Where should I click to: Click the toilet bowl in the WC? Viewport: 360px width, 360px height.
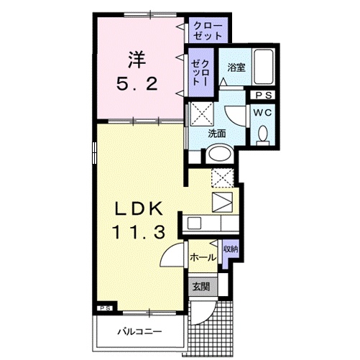pos(263,134)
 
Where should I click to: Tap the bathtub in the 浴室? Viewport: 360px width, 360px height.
pos(263,66)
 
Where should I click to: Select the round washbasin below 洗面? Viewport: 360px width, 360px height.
pos(220,154)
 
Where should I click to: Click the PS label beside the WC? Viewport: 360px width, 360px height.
pos(264,96)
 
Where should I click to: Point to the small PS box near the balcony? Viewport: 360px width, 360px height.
pos(105,308)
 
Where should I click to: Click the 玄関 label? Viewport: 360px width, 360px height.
pos(201,287)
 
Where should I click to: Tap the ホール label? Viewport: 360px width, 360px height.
pos(203,258)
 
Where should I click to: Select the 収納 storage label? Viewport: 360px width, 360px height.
pos(230,249)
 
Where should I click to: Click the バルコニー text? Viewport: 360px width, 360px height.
pos(139,332)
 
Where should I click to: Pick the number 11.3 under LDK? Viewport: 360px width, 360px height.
pos(139,232)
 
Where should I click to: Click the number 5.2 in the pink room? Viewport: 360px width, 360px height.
pos(137,83)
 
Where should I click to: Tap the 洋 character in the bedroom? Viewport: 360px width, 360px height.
pos(137,60)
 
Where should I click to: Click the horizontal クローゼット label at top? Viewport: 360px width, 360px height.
pos(208,31)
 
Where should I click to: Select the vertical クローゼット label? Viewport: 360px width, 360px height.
pos(200,72)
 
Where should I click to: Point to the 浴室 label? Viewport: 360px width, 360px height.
pos(236,68)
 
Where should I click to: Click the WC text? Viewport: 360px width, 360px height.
pos(263,113)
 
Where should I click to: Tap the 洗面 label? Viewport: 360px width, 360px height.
pos(217,134)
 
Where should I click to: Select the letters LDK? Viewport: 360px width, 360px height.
pos(139,208)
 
